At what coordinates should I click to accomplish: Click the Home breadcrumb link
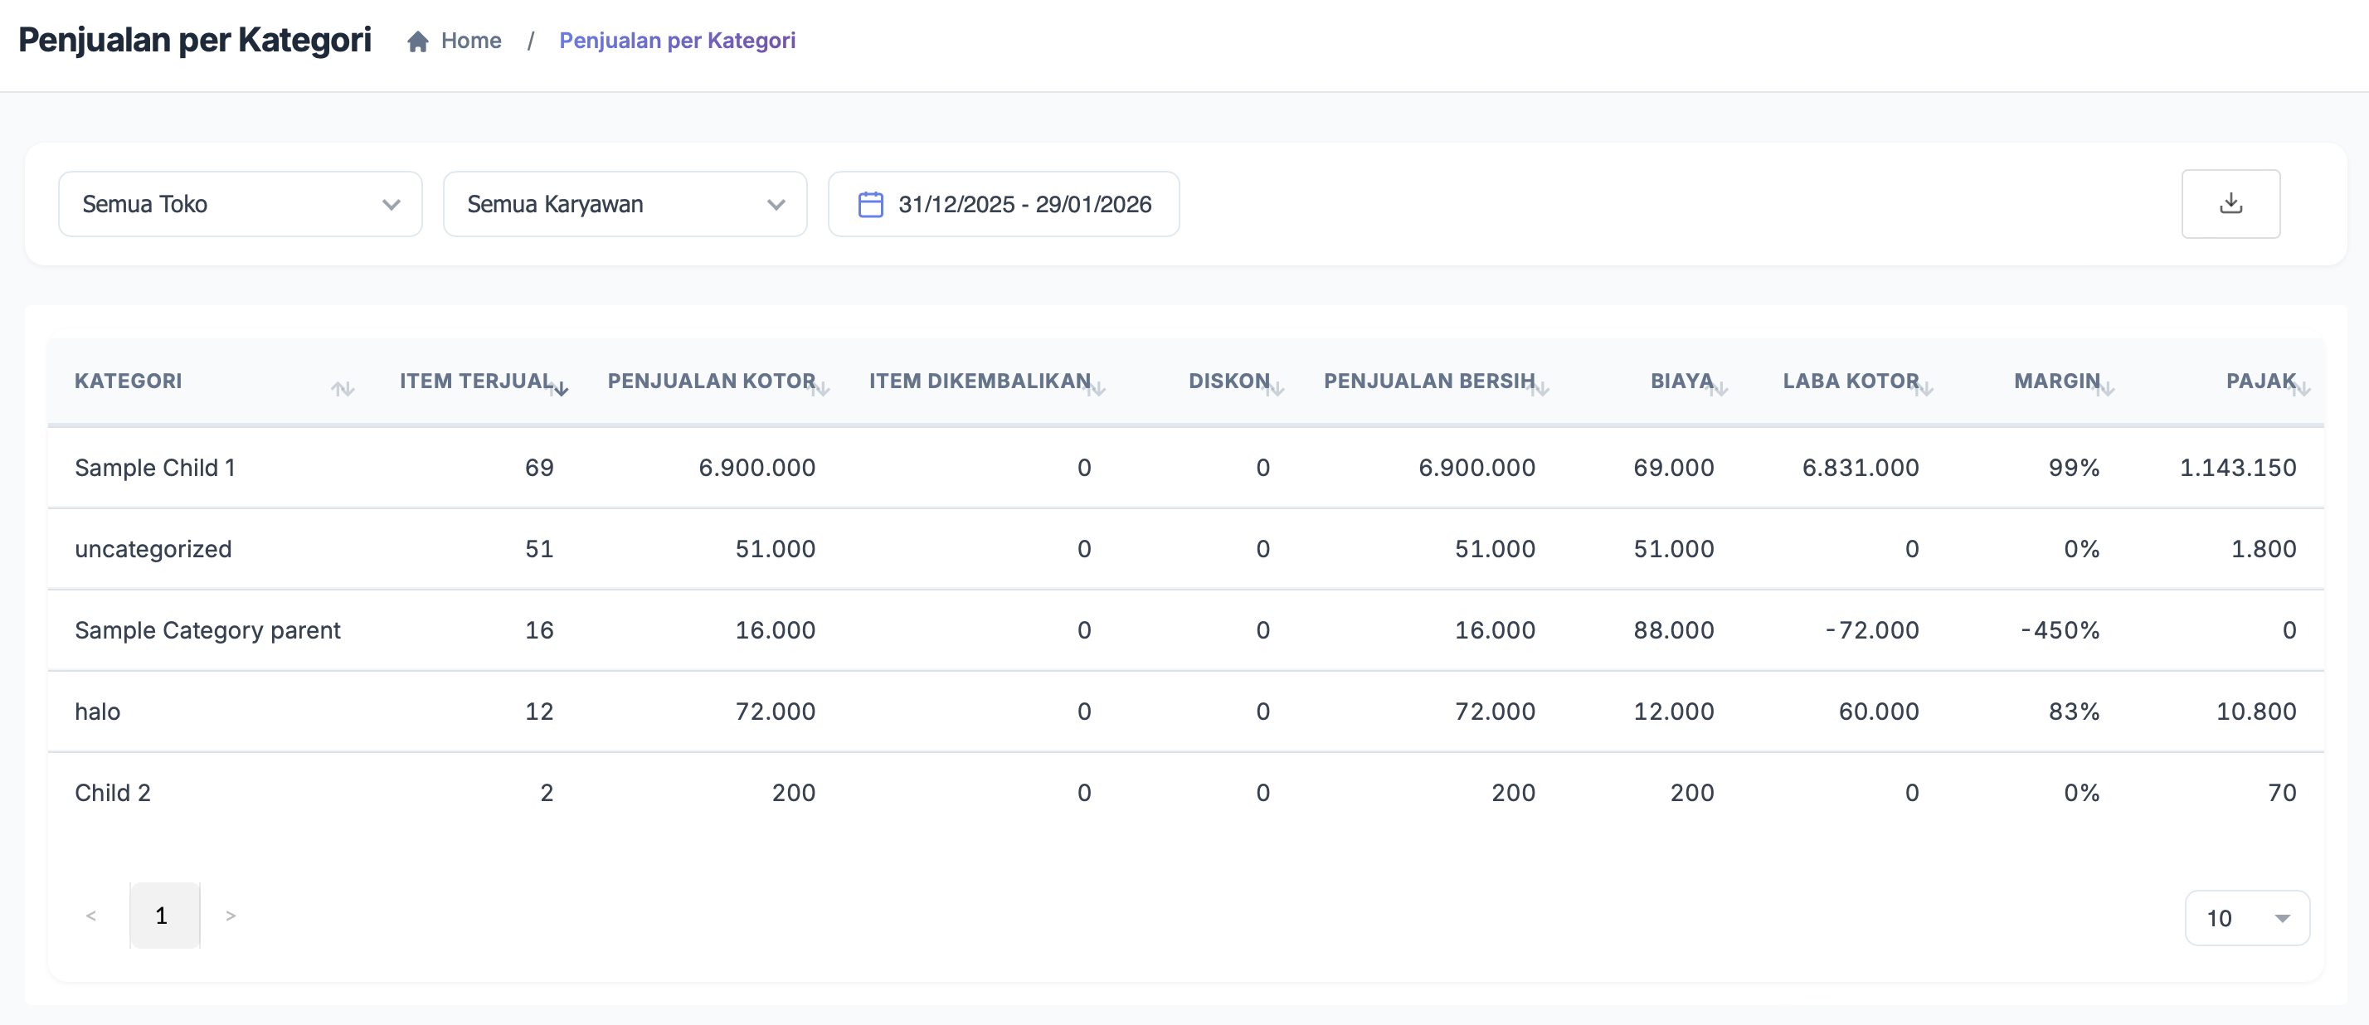coord(470,41)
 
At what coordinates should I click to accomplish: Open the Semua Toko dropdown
coord(240,204)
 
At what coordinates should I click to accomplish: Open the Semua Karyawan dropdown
coord(625,204)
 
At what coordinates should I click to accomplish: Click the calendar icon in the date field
coord(870,204)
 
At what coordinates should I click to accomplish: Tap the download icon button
coord(2230,204)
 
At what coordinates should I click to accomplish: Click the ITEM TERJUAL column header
coord(475,381)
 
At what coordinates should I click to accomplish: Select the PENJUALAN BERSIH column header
coord(1428,381)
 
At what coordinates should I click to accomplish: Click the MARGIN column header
coord(2056,381)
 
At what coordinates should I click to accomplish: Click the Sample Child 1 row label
coord(154,468)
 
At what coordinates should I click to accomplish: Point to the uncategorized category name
coord(153,549)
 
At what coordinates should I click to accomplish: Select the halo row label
coord(98,712)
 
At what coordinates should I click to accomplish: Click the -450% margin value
coord(2060,630)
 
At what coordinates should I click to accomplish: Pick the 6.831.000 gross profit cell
coord(1860,468)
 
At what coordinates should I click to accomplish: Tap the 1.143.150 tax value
coord(2237,468)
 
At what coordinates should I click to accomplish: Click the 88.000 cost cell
coord(1673,630)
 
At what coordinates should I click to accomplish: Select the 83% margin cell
coord(2074,712)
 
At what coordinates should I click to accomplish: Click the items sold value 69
coord(539,468)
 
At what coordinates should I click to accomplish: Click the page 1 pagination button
coord(162,916)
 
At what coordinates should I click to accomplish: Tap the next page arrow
coord(231,916)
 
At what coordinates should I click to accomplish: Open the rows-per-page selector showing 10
coord(2247,918)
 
